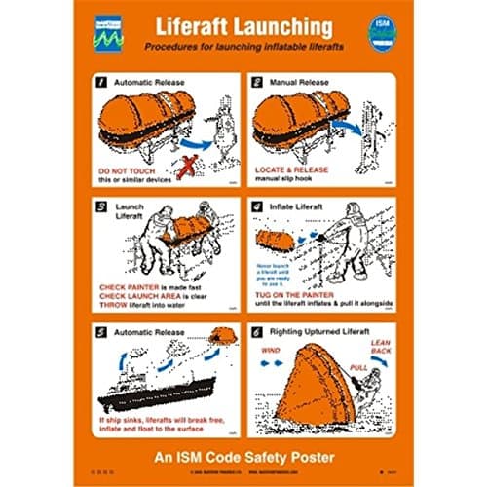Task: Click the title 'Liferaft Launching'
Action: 243,26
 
